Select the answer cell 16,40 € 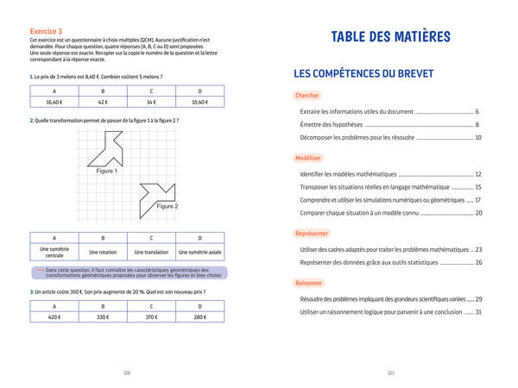tap(54, 102)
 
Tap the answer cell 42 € tap(103, 102)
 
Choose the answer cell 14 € tap(151, 102)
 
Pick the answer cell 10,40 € tap(199, 102)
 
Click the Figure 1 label tap(107, 171)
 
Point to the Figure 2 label tap(167, 207)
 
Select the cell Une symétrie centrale tap(54, 252)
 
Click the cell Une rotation tap(103, 253)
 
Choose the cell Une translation tap(151, 253)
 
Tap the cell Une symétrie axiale tap(199, 253)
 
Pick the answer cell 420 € tap(54, 316)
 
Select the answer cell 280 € tap(199, 316)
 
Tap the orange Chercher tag tap(307, 96)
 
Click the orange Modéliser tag tap(308, 159)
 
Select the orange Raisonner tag tap(309, 282)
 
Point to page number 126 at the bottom tap(127, 372)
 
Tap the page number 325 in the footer tap(390, 372)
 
